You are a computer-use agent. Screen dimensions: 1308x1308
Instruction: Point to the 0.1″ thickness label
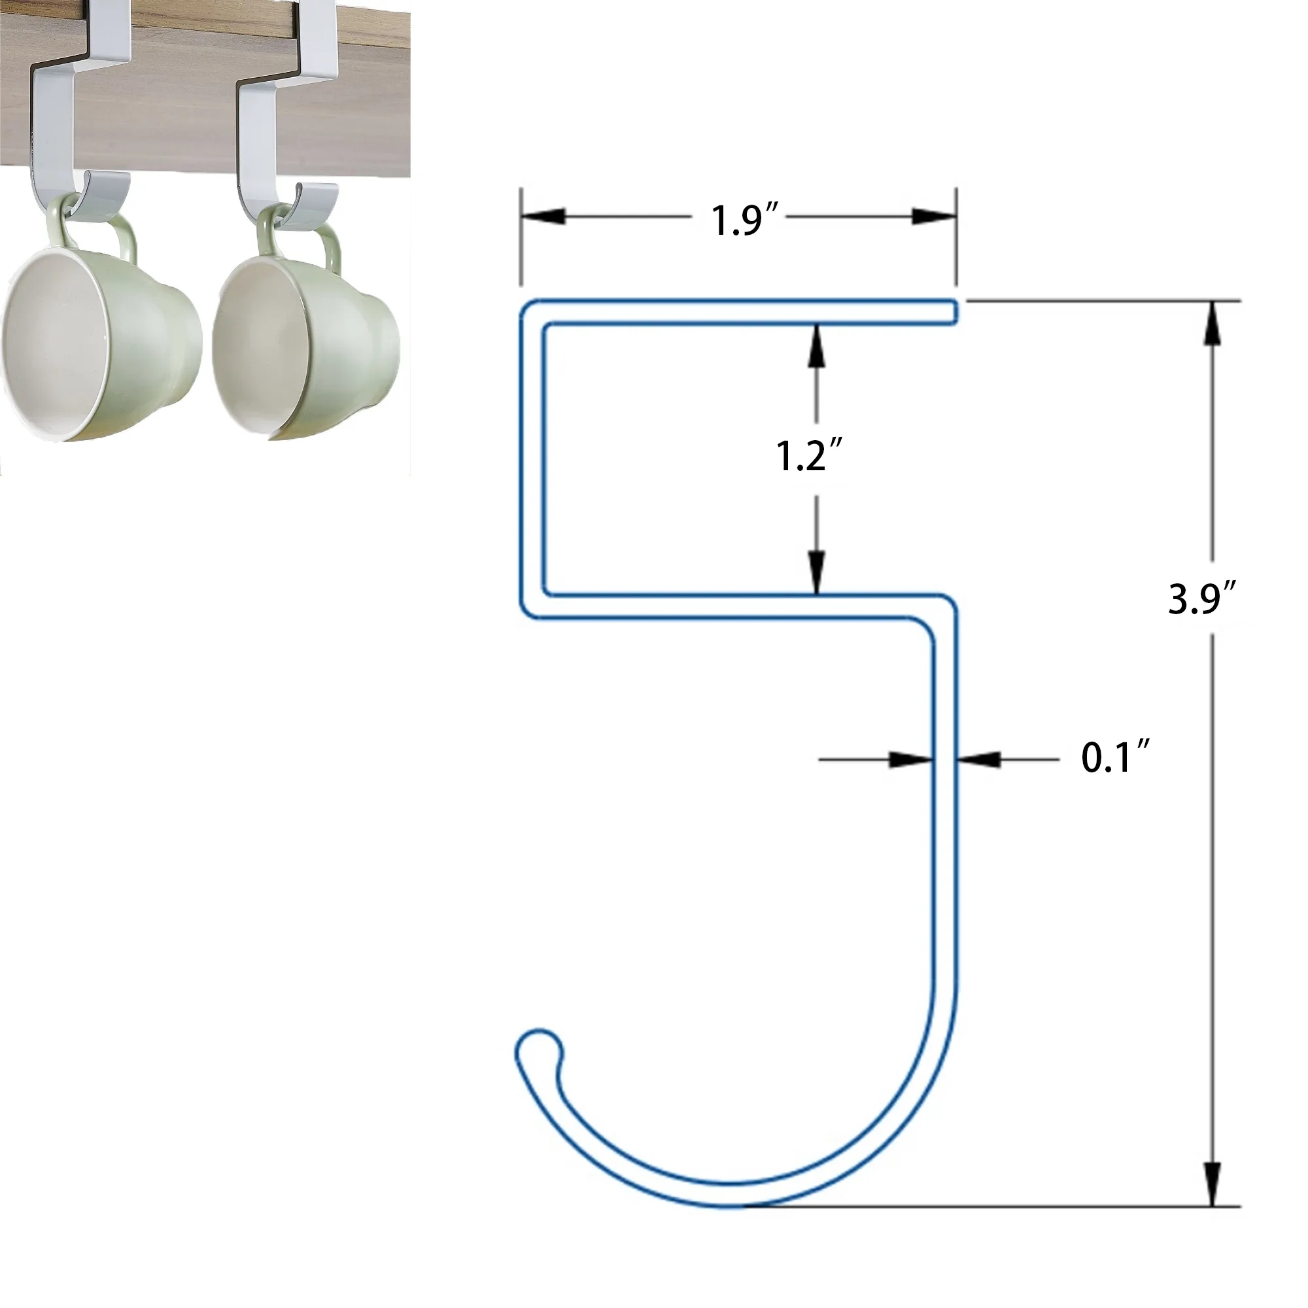tap(1114, 757)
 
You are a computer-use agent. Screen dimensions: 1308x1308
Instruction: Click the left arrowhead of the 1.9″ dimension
tap(543, 216)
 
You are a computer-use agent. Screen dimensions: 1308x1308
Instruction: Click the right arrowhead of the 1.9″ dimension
tap(934, 216)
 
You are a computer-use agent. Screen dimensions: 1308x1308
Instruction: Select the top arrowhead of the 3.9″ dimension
tap(1212, 324)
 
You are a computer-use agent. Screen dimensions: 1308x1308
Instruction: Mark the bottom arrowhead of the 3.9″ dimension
tap(1212, 1184)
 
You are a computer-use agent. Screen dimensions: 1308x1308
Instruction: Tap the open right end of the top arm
tap(954, 312)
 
